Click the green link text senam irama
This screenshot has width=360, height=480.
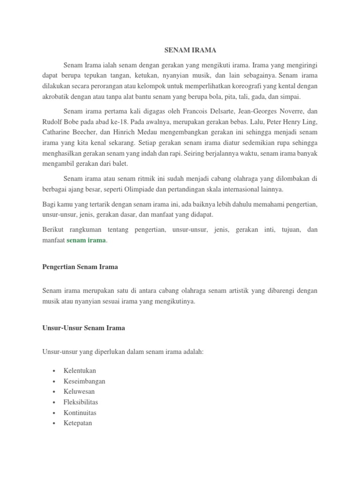(x=86, y=240)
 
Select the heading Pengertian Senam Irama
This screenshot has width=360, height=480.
(x=80, y=267)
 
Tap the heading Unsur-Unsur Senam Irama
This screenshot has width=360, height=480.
(x=83, y=328)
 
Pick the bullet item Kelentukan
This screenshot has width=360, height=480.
(x=80, y=371)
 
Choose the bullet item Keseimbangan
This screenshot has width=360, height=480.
(x=84, y=381)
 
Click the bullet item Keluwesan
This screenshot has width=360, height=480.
(x=79, y=391)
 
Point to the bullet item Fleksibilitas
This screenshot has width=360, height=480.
(x=81, y=402)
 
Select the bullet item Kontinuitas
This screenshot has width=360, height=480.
(x=80, y=412)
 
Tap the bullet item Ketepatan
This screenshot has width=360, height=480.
(x=78, y=423)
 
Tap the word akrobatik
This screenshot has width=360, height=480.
(x=56, y=97)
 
